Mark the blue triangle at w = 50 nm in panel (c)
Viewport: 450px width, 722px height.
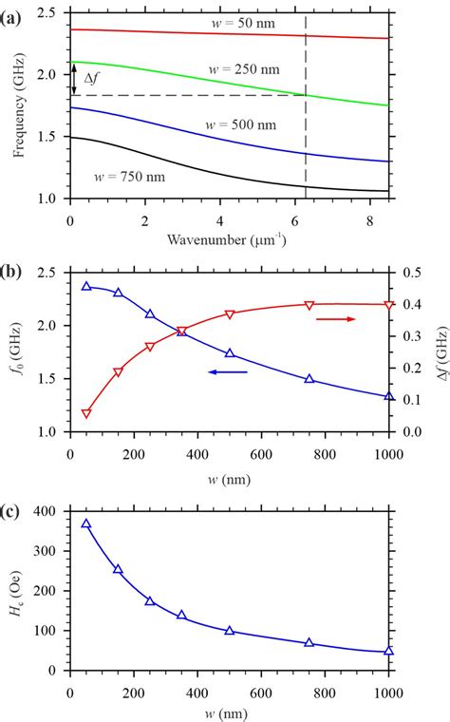click(x=86, y=523)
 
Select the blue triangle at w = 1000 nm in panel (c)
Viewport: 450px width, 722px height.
click(x=388, y=652)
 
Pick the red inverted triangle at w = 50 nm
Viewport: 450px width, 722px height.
click(x=86, y=413)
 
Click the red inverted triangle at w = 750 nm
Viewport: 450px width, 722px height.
click(x=309, y=305)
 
